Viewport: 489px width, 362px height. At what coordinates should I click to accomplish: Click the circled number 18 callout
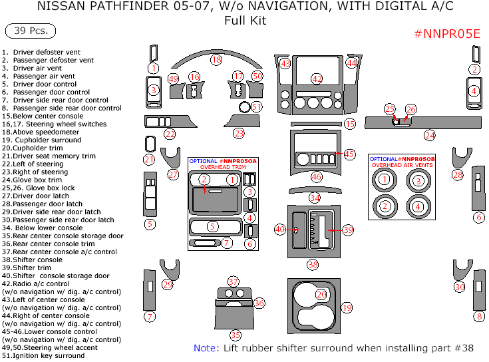pos(216,60)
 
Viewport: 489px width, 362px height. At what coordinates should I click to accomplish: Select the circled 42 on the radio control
pos(317,79)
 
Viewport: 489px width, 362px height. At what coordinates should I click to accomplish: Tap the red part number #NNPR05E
pos(447,35)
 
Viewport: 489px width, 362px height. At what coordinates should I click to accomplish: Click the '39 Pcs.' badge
pos(31,31)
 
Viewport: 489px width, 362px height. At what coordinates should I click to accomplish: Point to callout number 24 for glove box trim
pos(430,135)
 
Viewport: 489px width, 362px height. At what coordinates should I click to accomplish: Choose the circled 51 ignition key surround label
pos(257,106)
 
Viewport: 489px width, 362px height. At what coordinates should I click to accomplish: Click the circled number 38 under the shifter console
pos(313,265)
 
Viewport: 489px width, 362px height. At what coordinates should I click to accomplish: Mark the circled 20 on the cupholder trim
pos(321,294)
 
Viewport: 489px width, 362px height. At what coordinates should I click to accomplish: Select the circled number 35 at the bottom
pos(236,335)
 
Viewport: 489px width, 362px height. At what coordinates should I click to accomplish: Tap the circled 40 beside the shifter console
pos(280,230)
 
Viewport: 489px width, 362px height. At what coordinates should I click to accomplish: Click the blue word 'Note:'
pos(206,348)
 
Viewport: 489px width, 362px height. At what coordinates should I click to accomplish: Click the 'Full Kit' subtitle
pos(245,21)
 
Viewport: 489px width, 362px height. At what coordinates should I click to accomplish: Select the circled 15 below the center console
pos(350,124)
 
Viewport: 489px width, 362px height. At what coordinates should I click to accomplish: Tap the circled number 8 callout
pos(479,316)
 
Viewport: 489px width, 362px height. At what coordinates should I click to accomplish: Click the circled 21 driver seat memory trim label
pos(149,160)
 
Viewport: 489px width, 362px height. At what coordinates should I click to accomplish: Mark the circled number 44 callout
pos(351,63)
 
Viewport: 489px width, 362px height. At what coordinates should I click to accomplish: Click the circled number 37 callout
pos(234,281)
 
